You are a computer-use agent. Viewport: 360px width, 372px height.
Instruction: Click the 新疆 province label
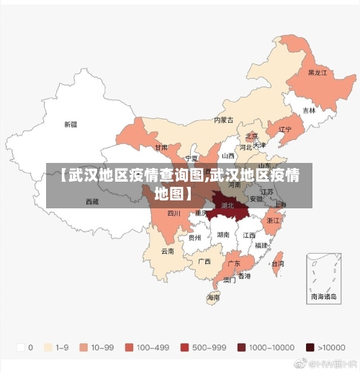tap(70, 124)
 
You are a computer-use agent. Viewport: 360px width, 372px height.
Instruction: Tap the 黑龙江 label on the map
tap(317, 73)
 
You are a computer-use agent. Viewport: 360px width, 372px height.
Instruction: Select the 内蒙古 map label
tap(224, 120)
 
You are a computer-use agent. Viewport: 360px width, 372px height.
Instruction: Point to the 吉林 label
tap(309, 110)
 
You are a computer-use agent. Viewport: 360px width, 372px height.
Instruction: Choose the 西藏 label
tap(92, 201)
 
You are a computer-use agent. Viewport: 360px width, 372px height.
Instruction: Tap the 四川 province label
tap(174, 213)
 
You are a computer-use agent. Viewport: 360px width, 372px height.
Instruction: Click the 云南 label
tap(167, 252)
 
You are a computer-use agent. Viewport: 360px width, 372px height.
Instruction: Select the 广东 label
tap(234, 264)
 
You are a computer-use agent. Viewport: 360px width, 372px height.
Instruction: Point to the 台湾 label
tap(276, 264)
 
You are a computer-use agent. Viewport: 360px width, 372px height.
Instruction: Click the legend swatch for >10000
tap(310, 347)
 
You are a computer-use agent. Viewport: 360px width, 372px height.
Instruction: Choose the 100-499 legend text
tap(153, 347)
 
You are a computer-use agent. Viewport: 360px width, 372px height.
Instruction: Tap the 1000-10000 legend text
tap(271, 347)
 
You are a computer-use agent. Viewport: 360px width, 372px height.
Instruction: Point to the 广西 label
tap(204, 261)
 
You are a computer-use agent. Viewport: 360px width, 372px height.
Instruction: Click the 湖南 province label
tap(223, 234)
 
